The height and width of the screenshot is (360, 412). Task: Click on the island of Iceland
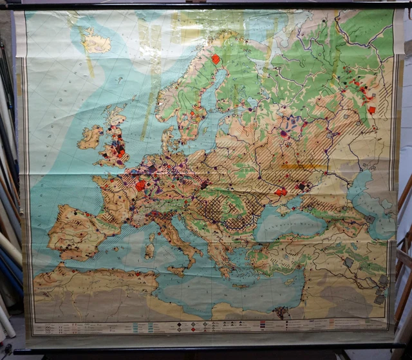pos(96,43)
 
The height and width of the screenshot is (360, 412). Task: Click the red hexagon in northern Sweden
pos(216,59)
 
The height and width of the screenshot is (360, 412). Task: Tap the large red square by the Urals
pos(371,110)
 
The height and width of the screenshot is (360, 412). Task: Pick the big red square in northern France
pos(140,185)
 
